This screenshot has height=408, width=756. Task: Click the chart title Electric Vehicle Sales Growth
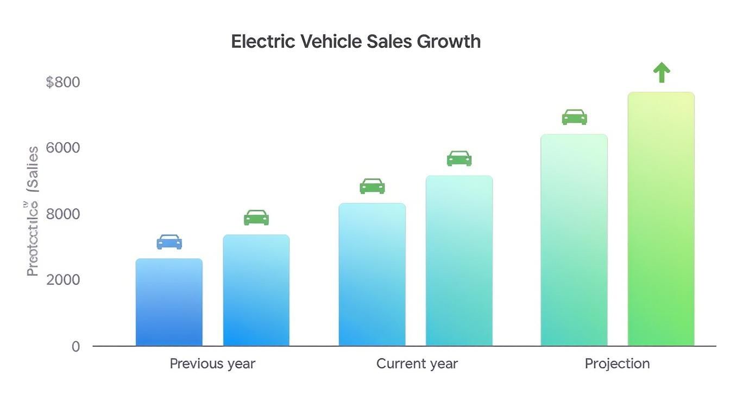coord(356,42)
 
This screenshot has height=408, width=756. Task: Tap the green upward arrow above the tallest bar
coord(661,72)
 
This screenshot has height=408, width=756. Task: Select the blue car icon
coord(169,242)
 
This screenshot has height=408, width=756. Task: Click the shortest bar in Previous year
coord(169,302)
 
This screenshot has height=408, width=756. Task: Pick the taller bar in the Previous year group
coord(256,290)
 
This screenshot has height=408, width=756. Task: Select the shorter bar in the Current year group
coord(372,275)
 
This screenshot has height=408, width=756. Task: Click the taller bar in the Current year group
coord(459,261)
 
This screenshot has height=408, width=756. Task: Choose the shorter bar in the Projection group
coord(574,240)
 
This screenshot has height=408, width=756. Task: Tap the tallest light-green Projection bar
coord(661,219)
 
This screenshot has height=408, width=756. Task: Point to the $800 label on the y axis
coord(63,82)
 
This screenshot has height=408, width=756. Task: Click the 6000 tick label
coord(63,148)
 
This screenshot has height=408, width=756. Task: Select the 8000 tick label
coord(63,214)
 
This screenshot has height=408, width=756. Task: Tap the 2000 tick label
coord(63,280)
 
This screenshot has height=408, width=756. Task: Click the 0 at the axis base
coord(76,347)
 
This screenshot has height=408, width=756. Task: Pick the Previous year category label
coord(212,364)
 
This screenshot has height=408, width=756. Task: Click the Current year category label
coord(417,364)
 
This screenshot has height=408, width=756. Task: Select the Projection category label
coord(617,364)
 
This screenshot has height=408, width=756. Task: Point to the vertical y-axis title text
coord(33,212)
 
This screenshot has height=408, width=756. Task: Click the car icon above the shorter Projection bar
coord(574,117)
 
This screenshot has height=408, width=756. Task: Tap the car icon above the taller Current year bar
coord(459,158)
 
